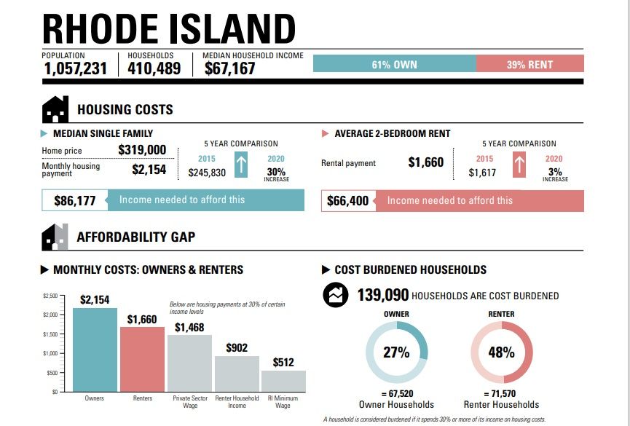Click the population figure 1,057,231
[x=75, y=68]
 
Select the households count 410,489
[x=154, y=68]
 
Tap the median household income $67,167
[x=229, y=68]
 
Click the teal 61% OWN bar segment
[x=394, y=64]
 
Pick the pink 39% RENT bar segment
[x=529, y=64]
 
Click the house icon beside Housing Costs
[x=55, y=110]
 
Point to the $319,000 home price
[x=142, y=150]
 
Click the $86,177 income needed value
[x=75, y=200]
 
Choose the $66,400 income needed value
[x=349, y=200]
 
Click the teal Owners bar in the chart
[x=95, y=350]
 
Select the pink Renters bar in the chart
[x=141, y=359]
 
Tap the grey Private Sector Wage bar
[x=189, y=363]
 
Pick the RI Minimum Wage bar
[x=283, y=381]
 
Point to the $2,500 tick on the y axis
[x=50, y=296]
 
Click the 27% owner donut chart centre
[x=396, y=352]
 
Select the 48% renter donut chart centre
[x=502, y=352]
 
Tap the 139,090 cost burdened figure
[x=382, y=296]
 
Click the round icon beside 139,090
[x=336, y=296]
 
